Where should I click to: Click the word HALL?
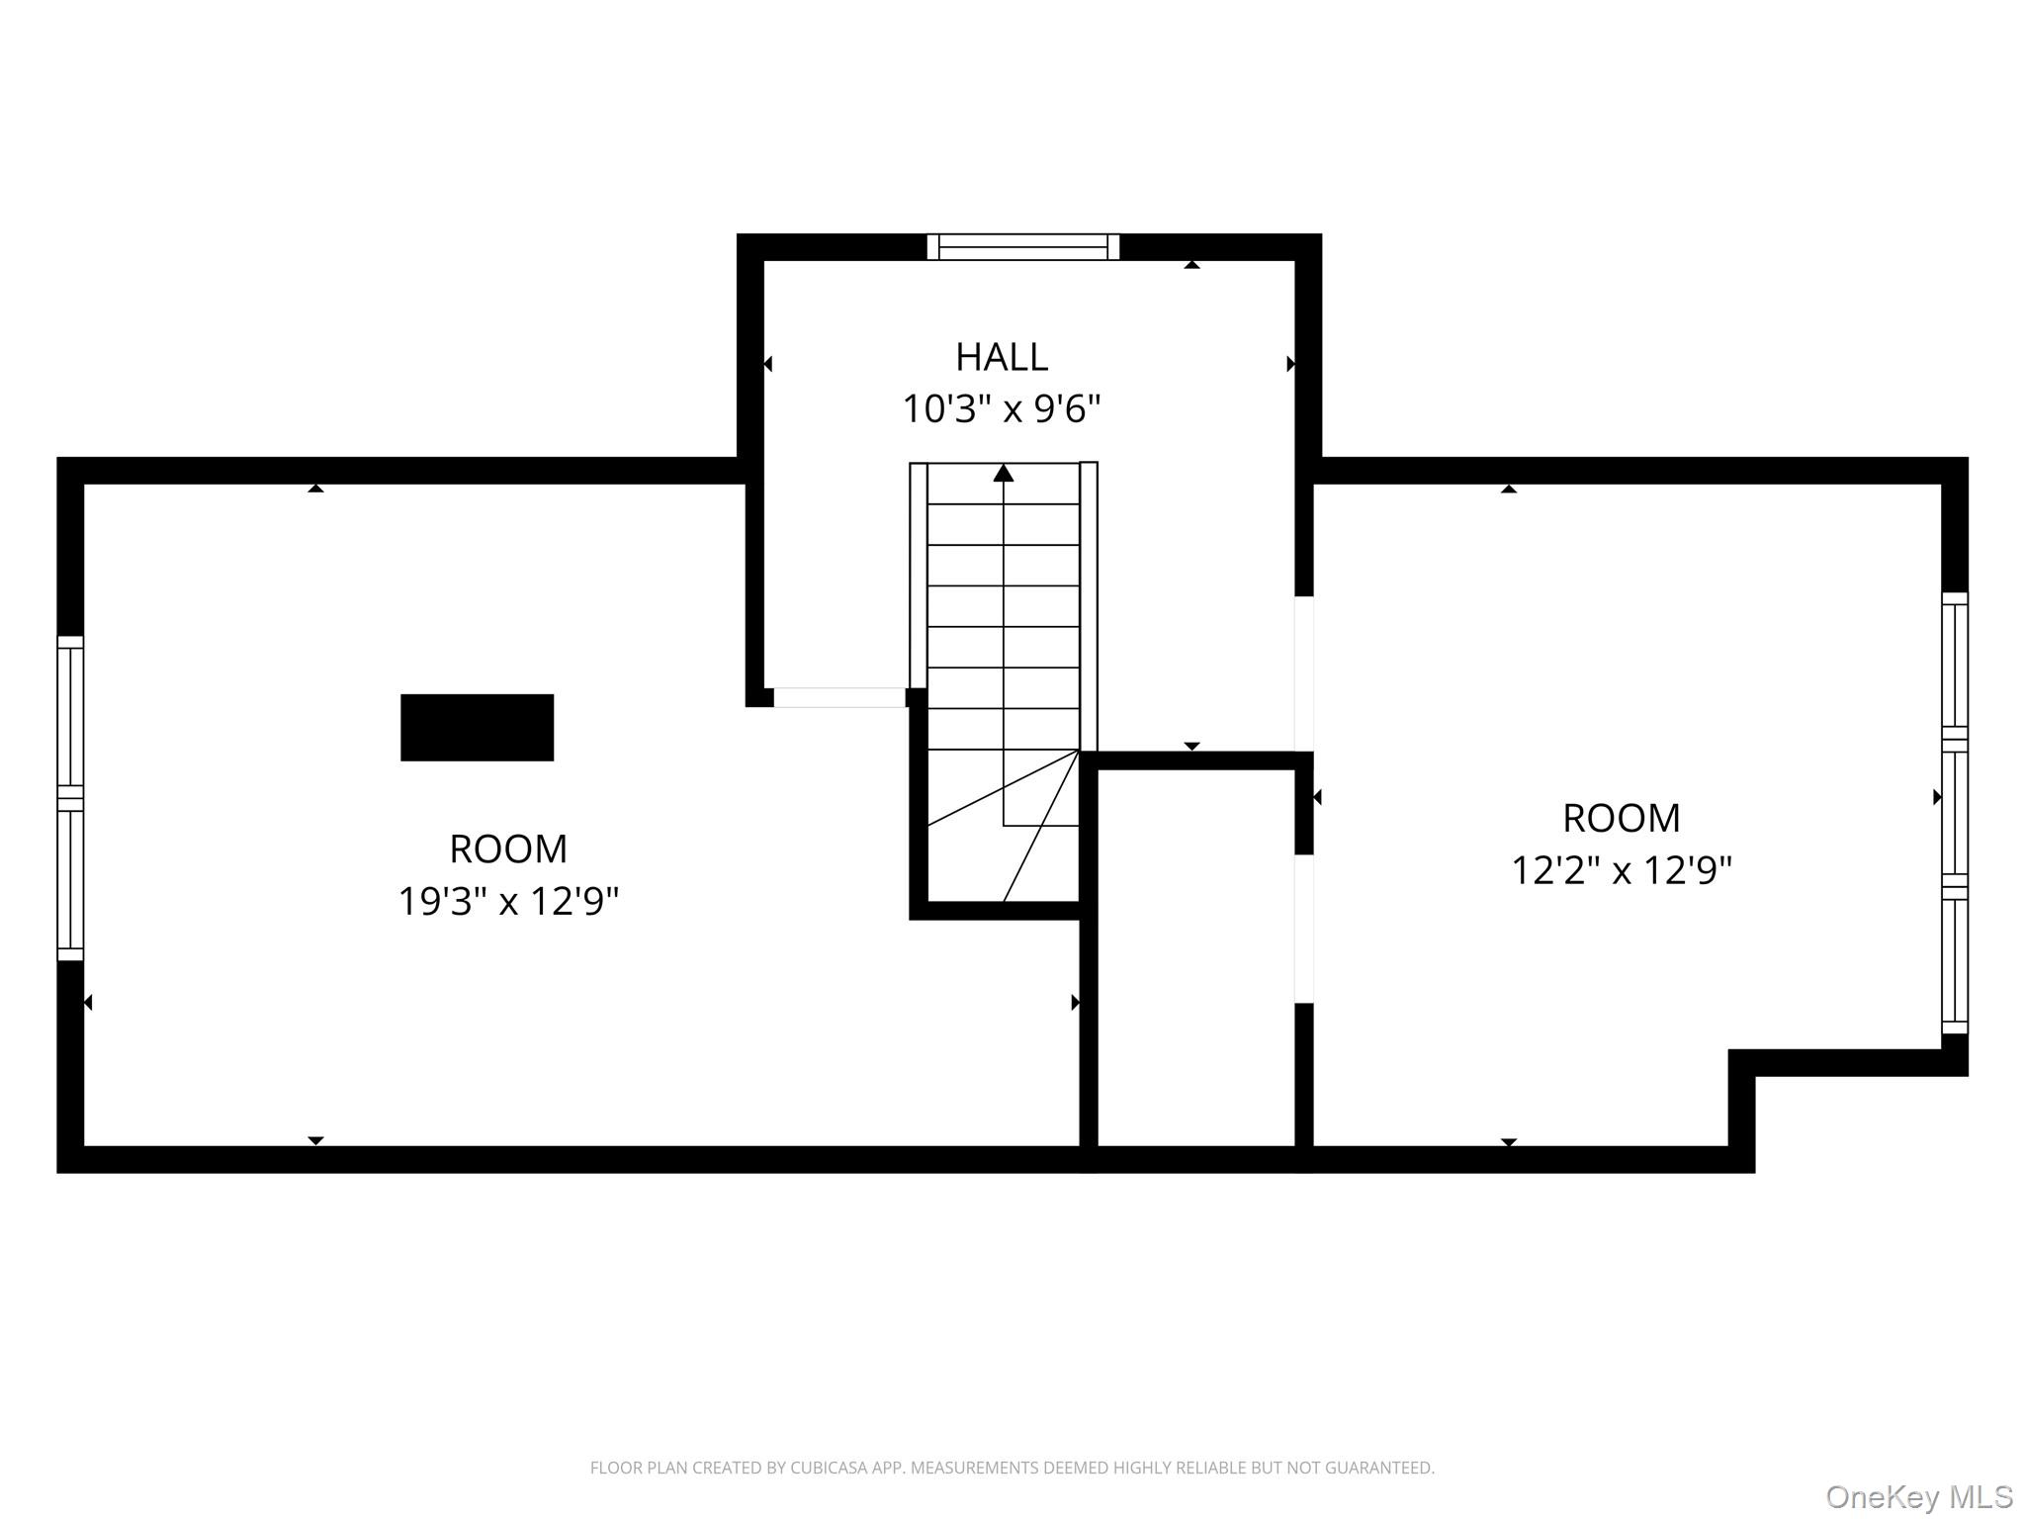1001,357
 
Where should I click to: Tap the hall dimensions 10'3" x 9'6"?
1001,408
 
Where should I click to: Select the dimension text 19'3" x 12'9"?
508,901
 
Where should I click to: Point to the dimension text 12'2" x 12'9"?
1622,870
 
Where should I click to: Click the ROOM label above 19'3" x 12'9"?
508,849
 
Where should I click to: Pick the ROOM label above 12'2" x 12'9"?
1622,818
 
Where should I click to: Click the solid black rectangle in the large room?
477,728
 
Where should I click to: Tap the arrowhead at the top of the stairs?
1004,473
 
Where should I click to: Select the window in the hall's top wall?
1023,247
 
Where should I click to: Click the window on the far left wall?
70,798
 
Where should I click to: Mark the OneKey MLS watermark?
1919,1496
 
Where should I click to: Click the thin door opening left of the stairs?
839,697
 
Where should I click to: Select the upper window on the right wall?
1955,666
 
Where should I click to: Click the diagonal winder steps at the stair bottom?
1003,826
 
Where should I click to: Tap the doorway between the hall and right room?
1304,673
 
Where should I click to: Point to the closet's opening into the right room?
1304,929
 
